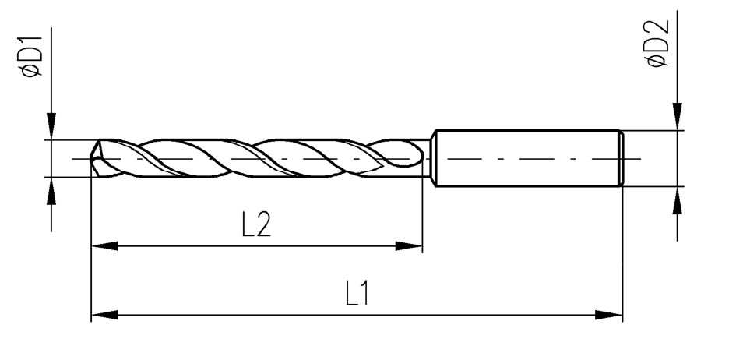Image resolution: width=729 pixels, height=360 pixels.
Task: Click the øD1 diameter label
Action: point(32,56)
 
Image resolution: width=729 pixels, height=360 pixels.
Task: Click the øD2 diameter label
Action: point(658,44)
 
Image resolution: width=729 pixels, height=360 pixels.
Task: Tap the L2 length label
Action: point(256,224)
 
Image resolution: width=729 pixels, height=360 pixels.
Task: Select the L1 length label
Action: point(357,293)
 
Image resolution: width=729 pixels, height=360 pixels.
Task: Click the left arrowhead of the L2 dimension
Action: point(104,245)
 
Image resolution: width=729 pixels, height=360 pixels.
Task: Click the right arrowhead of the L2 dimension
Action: point(409,245)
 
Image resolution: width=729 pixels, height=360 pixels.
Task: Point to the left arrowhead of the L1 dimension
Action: point(104,315)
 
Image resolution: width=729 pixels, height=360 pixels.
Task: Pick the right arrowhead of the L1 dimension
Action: point(609,315)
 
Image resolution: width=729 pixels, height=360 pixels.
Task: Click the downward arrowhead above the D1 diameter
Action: point(51,125)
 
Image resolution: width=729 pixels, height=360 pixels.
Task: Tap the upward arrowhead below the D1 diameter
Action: point(51,191)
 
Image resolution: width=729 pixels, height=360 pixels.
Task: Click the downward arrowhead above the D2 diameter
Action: point(678,116)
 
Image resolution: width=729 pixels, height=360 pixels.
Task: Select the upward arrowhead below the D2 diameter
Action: point(678,200)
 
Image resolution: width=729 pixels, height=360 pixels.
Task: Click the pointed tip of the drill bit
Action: point(91,159)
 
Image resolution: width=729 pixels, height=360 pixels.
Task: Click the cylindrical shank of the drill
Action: point(528,158)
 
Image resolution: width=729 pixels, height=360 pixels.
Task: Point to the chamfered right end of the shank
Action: point(622,158)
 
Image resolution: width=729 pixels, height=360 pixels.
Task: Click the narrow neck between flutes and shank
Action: point(426,158)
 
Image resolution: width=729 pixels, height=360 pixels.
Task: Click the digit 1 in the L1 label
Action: point(364,293)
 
